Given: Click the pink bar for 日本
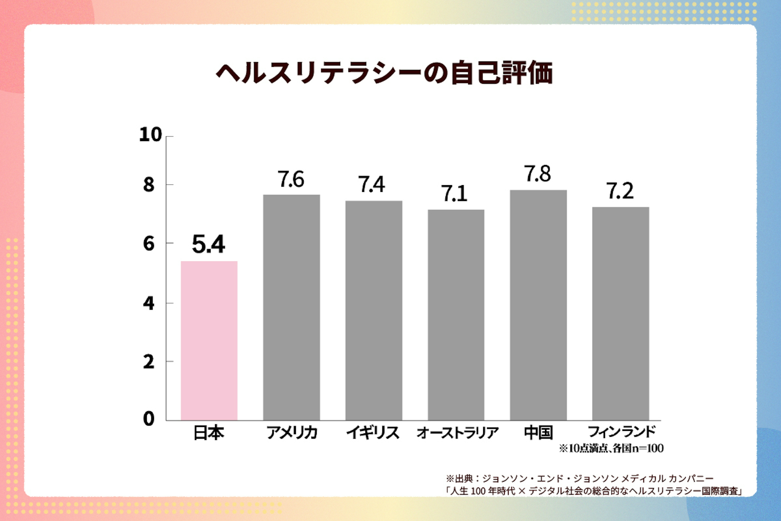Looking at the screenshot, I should click(209, 340).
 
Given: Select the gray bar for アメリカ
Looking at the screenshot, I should click(291, 307).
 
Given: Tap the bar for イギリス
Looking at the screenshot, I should click(374, 311).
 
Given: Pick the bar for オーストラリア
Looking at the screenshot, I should click(456, 315).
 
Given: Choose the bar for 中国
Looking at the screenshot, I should click(538, 305).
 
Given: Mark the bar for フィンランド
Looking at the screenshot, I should click(621, 314).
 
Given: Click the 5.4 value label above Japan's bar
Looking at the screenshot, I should click(208, 244).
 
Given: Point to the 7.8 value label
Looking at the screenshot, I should click(538, 174).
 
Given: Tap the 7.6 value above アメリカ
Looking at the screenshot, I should click(291, 180).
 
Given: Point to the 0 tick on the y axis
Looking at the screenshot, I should click(149, 419).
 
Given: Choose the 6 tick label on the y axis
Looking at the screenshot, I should click(149, 244).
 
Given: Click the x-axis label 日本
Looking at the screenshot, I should click(209, 433).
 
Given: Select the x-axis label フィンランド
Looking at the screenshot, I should click(622, 432).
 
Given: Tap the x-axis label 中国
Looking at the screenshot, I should click(538, 433).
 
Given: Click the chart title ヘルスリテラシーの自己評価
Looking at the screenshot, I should click(384, 72).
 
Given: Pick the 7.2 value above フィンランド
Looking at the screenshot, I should click(620, 191).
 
